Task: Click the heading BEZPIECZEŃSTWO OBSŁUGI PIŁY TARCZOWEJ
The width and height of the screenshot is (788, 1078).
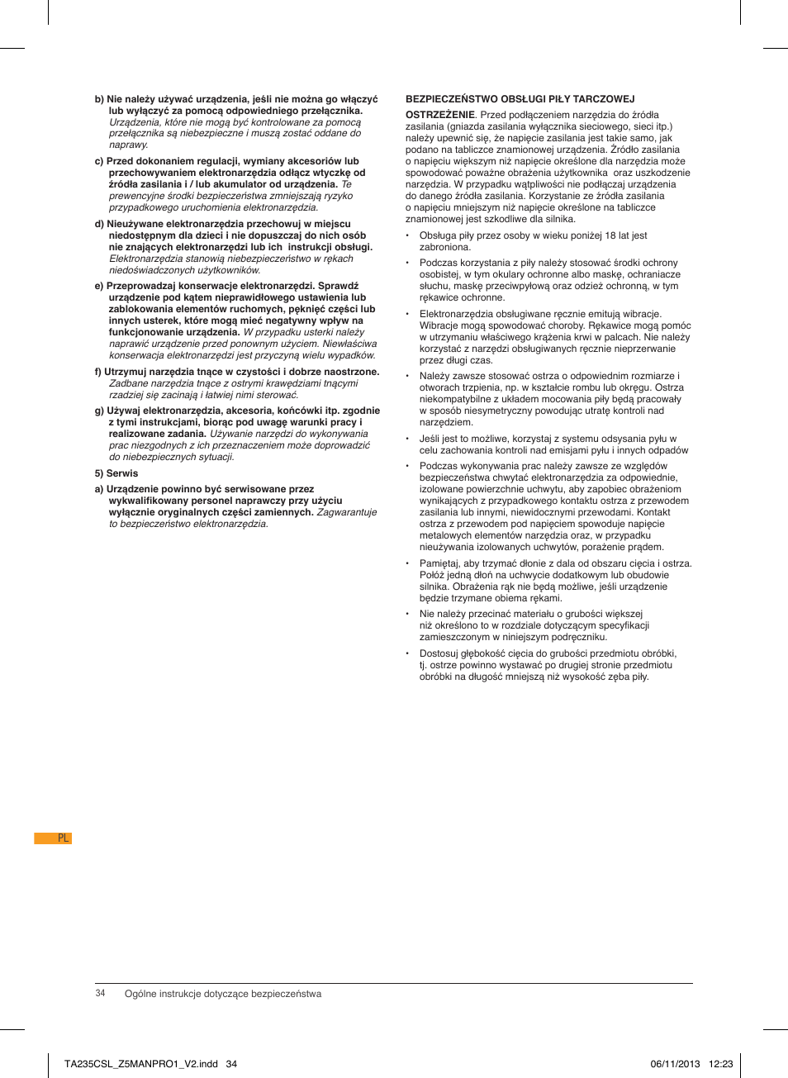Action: (x=520, y=99)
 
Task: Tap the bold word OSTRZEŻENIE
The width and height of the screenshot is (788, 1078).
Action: (x=439, y=115)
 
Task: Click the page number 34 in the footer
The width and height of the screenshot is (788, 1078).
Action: (x=100, y=994)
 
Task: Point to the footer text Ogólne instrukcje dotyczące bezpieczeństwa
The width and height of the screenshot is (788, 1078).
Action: (x=223, y=994)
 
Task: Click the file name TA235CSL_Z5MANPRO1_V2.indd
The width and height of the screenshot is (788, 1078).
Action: (x=141, y=1064)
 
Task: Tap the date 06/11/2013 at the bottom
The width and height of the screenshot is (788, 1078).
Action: (x=675, y=1064)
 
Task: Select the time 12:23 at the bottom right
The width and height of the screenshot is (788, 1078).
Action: (x=721, y=1064)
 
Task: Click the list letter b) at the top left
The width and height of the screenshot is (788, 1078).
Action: (x=99, y=99)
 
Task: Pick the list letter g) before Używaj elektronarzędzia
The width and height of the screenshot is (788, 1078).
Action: (x=99, y=411)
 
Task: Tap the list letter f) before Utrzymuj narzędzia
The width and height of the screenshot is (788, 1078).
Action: (x=98, y=372)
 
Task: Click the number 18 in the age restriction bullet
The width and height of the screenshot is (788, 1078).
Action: (x=610, y=235)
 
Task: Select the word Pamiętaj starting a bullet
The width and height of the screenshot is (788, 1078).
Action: (x=439, y=563)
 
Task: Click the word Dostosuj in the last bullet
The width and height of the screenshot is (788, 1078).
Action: (x=439, y=653)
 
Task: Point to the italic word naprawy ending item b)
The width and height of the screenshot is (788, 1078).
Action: (x=128, y=145)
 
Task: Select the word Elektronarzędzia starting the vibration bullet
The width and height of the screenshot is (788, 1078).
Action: (x=458, y=314)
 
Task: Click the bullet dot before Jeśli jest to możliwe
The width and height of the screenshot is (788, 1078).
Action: (x=408, y=439)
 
